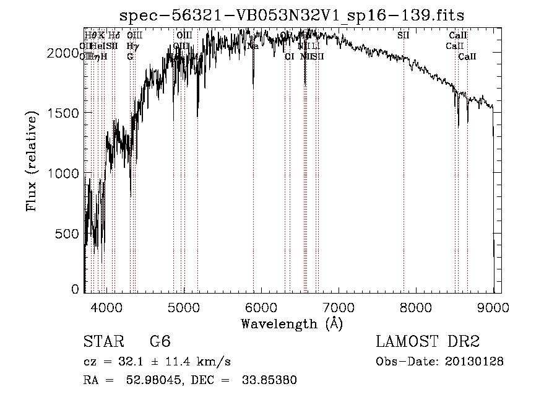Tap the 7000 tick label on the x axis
339,306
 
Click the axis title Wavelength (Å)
292,324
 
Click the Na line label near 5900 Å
253,46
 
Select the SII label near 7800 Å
404,35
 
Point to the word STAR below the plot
102,342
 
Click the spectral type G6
160,342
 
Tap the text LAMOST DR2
428,342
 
